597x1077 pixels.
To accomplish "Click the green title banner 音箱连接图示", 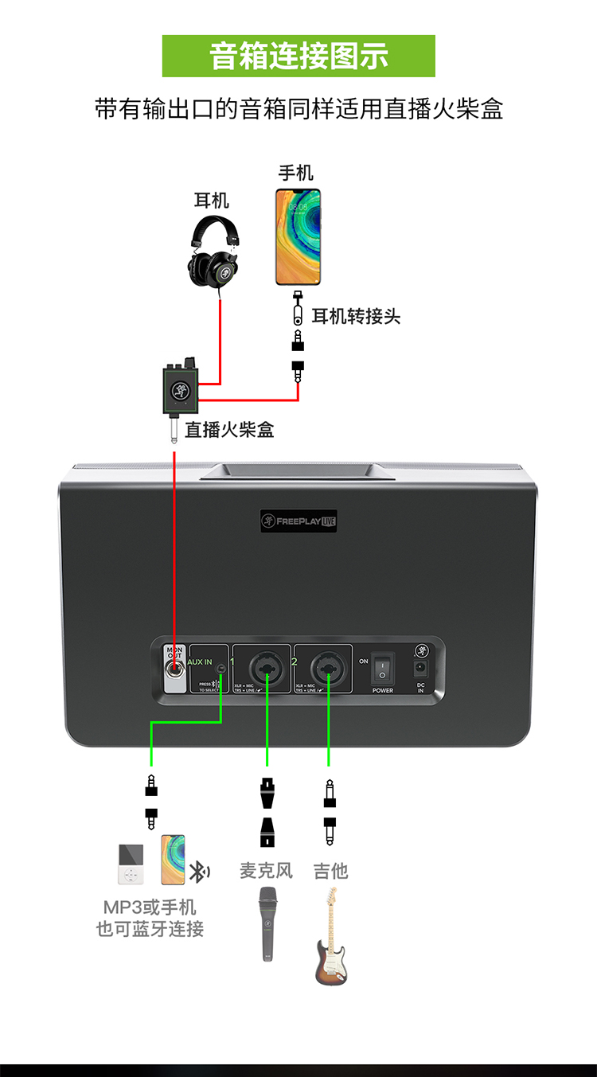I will (x=298, y=57).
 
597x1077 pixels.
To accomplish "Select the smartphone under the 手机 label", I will (x=298, y=236).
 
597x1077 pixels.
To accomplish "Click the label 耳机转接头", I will (x=356, y=317).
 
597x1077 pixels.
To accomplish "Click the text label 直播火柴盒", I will (x=230, y=430).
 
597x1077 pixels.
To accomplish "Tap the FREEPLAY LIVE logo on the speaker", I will (x=299, y=521).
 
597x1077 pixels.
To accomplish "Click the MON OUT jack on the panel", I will (x=174, y=671).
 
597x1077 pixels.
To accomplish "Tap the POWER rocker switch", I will (x=382, y=668).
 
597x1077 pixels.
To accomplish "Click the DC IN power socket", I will (x=420, y=669).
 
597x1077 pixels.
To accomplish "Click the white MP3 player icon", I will (x=131, y=864).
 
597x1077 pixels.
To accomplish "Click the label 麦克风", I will (x=267, y=871).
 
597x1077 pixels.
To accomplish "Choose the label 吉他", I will (x=330, y=871).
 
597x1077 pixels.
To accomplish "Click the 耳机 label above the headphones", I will (x=212, y=200).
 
